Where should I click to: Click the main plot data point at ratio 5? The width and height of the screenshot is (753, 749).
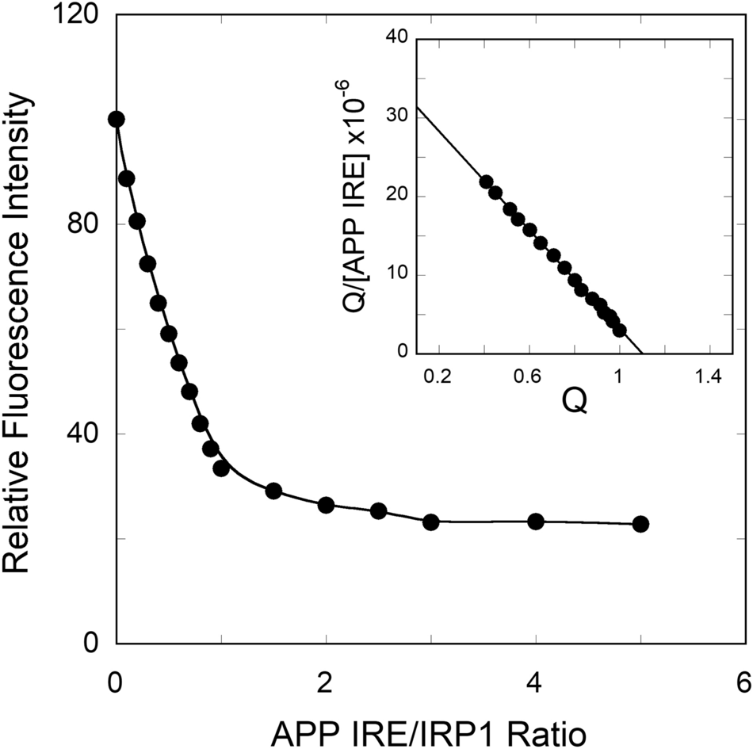click(x=640, y=524)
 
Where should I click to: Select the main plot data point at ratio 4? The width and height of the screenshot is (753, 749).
click(x=536, y=521)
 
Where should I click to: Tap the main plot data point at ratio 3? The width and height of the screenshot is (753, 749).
click(x=430, y=522)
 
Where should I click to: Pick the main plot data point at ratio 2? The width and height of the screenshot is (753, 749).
click(x=326, y=505)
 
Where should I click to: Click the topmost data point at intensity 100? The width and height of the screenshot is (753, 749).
click(x=117, y=120)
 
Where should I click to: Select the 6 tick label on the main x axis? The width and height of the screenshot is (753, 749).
click(x=743, y=682)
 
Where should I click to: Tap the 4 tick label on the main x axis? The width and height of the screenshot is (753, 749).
click(x=536, y=682)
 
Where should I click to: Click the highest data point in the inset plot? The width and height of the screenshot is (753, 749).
click(x=487, y=182)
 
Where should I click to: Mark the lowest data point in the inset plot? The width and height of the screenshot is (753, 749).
click(x=620, y=330)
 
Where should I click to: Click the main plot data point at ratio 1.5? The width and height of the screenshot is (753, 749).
click(x=273, y=491)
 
